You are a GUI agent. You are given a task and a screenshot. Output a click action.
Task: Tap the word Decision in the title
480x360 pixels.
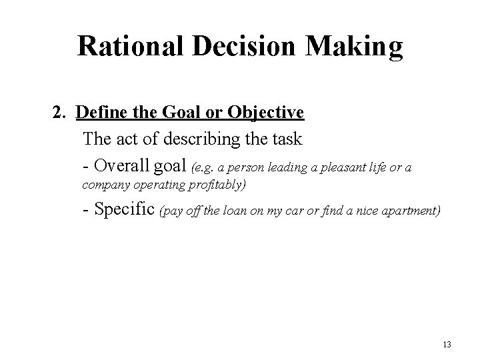[233, 45]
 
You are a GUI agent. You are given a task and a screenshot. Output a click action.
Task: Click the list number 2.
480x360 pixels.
[57, 112]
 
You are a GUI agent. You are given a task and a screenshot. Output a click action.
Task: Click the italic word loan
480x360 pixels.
[233, 212]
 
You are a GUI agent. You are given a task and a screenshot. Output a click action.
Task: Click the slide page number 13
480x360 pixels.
[447, 345]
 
